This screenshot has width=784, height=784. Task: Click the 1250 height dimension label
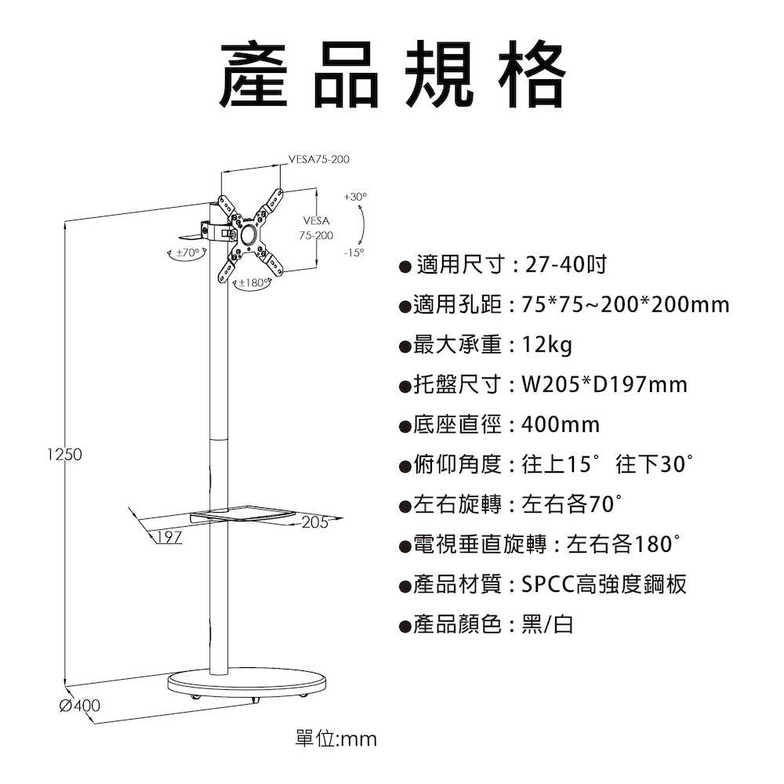[x=65, y=455]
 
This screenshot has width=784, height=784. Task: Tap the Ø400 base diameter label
[x=79, y=706]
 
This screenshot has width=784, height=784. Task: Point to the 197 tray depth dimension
[x=169, y=537]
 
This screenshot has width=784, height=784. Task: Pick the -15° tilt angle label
[x=354, y=252]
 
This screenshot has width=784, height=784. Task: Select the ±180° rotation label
[x=252, y=281]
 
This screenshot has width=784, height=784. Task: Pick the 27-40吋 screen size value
[x=564, y=264]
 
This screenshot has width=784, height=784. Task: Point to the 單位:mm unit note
[x=336, y=739]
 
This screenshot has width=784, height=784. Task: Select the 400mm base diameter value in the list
[x=560, y=424]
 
